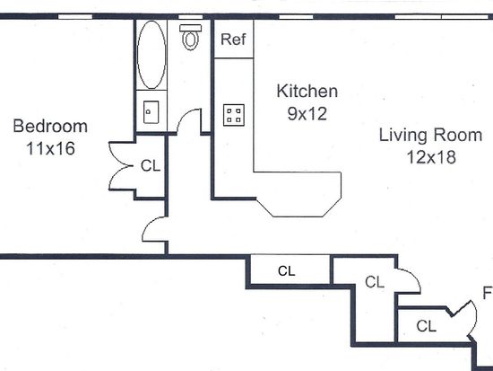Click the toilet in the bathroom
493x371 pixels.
click(191, 37)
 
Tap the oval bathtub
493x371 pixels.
click(151, 55)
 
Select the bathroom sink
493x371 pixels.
click(151, 112)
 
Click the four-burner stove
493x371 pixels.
click(234, 115)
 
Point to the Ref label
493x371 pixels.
click(233, 40)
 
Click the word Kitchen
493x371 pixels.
click(307, 91)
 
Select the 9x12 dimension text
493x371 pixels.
click(307, 114)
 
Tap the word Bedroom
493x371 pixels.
click(50, 126)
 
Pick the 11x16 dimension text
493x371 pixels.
click(50, 148)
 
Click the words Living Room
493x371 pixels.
click(430, 135)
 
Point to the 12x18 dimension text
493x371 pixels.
click(431, 157)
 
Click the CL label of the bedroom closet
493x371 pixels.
click(151, 166)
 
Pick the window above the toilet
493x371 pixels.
click(191, 17)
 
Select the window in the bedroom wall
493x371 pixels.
click(75, 17)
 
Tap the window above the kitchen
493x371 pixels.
click(296, 17)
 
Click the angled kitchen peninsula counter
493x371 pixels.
click(298, 194)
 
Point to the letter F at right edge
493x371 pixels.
click(488, 293)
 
